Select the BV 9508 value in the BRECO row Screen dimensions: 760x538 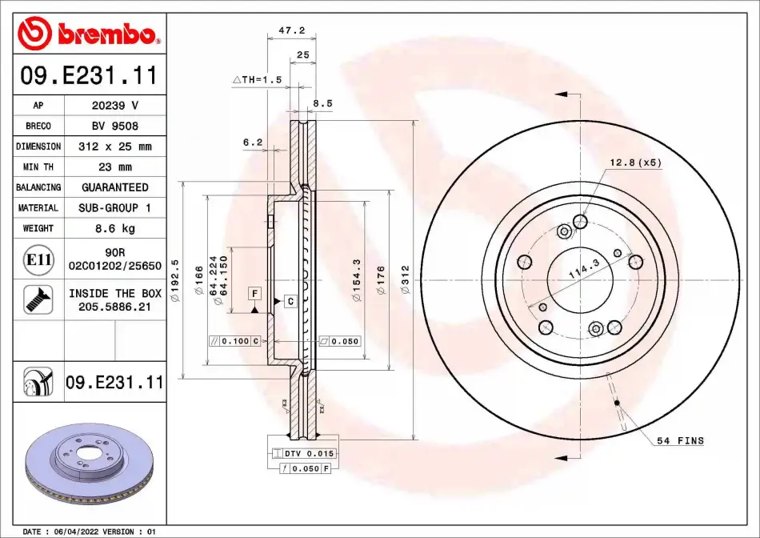pos(115,126)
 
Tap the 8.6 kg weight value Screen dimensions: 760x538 pos(115,228)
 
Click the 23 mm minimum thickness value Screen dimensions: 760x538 pos(115,167)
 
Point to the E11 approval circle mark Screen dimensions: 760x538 pos(38,260)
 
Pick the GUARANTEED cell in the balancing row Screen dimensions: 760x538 pos(115,187)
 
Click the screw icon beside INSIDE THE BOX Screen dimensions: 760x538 pos(38,299)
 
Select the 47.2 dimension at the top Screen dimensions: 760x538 pos(292,30)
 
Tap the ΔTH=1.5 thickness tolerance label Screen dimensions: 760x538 pos(258,79)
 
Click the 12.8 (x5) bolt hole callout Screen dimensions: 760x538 pos(635,163)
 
